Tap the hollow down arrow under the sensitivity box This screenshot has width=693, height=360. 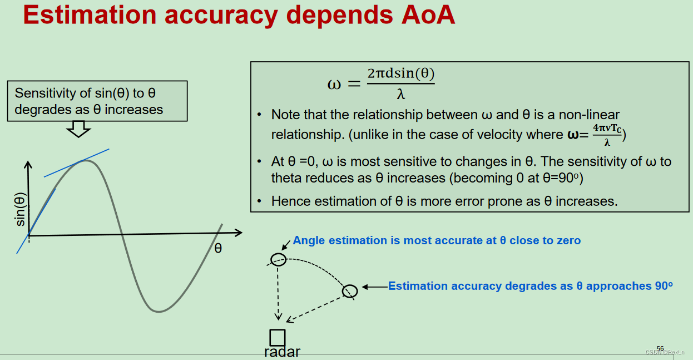[78, 130]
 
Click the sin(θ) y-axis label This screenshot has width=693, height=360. [21, 209]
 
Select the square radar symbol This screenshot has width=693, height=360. [277, 337]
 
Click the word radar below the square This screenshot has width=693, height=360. [282, 352]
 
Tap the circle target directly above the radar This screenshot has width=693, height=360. [278, 259]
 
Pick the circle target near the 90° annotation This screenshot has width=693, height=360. [349, 291]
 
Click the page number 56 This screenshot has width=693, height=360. [660, 348]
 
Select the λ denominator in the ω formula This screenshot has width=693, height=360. [400, 95]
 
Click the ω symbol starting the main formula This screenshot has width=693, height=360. [334, 85]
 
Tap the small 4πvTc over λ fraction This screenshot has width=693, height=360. [607, 134]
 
